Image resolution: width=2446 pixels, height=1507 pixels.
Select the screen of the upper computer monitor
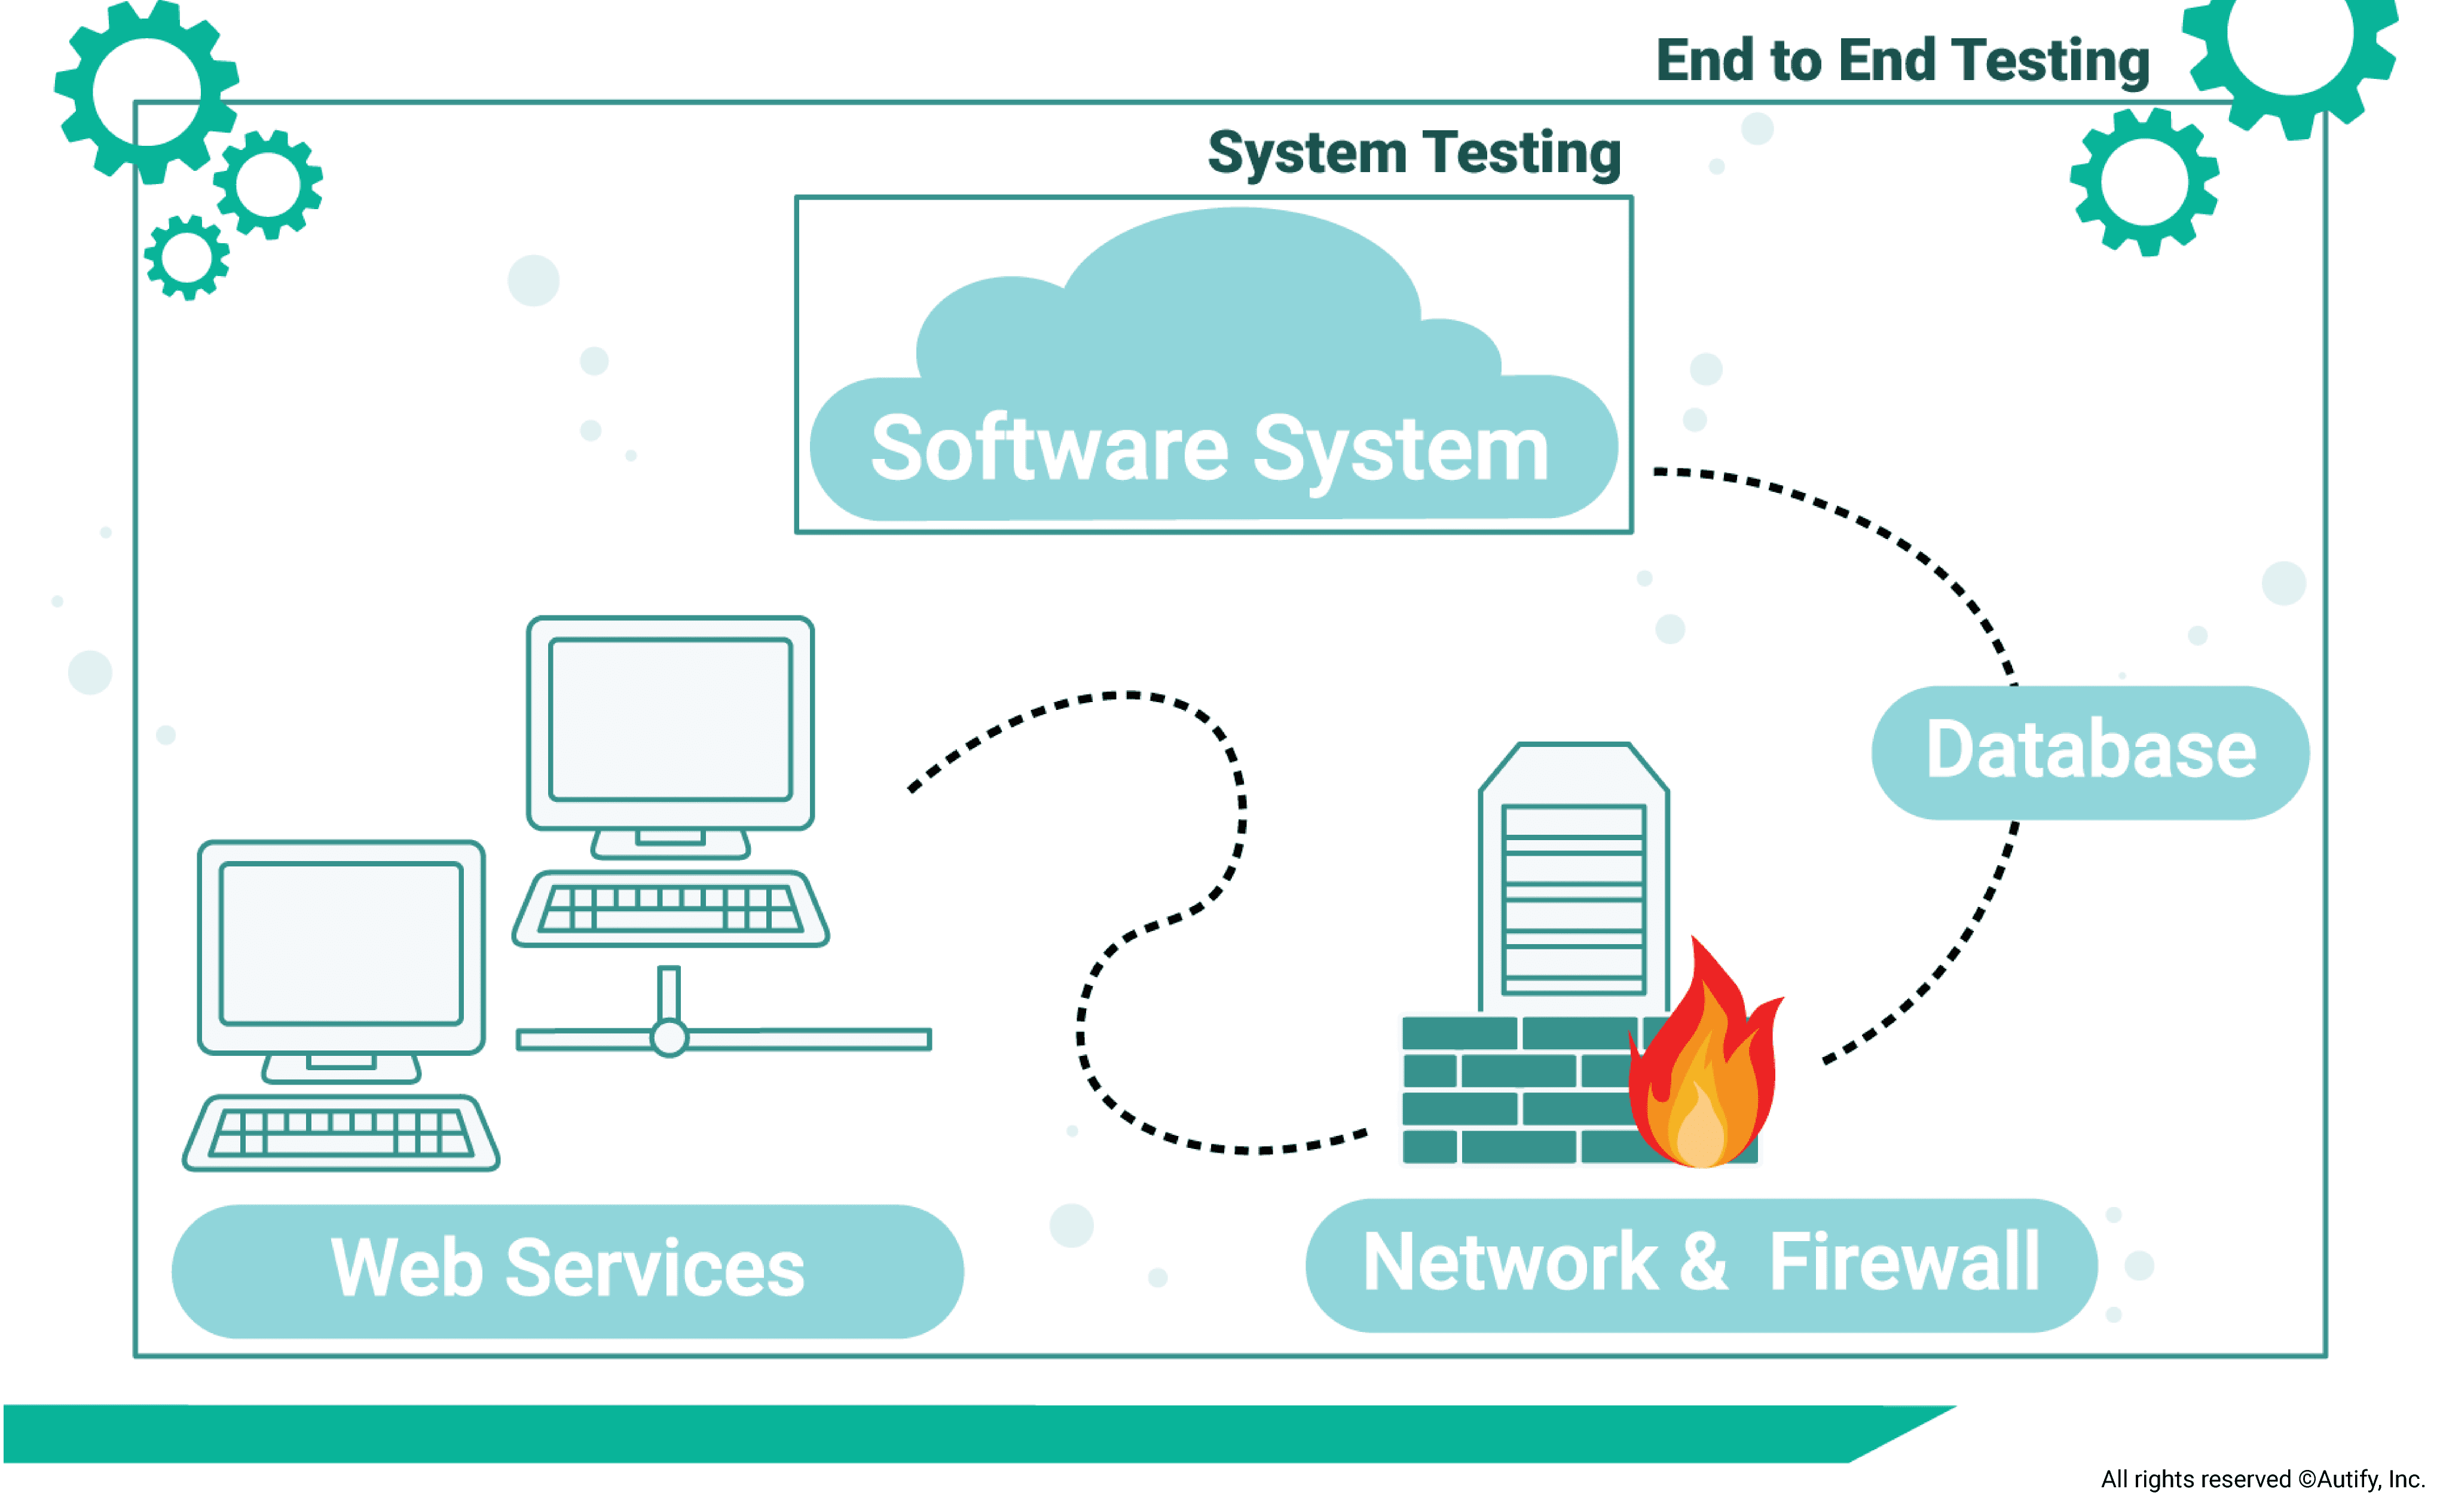670,719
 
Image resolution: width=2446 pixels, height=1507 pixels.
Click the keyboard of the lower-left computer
341,1132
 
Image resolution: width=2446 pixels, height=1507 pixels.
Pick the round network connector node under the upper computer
669,1039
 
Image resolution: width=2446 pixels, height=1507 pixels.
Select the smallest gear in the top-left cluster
186,257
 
